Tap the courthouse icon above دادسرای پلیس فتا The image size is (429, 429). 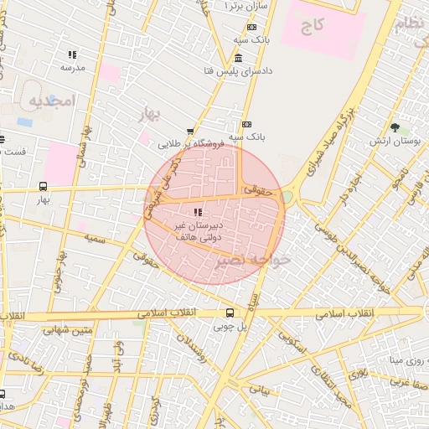(x=240, y=58)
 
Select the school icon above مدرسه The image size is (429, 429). (x=72, y=54)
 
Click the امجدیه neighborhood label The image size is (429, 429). (x=52, y=101)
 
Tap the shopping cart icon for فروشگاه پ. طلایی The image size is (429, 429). (x=190, y=132)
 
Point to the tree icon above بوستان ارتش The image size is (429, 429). (x=394, y=127)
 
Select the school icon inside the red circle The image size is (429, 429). (x=198, y=213)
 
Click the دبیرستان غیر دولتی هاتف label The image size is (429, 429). (x=197, y=231)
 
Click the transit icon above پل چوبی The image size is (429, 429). (x=230, y=313)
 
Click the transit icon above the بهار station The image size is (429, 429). (x=43, y=187)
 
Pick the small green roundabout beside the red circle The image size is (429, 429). (x=287, y=196)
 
